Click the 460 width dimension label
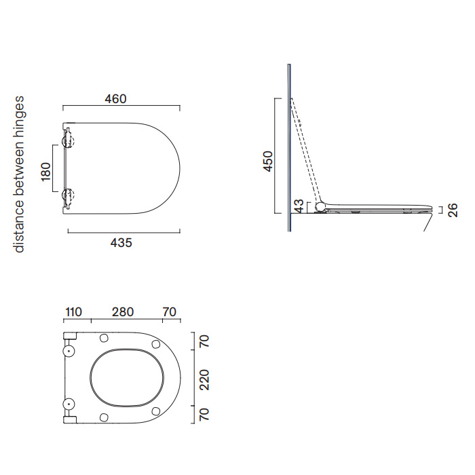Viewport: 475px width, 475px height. [x=115, y=99]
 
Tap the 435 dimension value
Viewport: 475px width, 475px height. [x=121, y=243]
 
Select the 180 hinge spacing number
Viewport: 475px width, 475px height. [x=45, y=172]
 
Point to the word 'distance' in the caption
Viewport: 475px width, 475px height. [x=19, y=226]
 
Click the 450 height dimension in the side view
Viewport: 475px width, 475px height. [x=268, y=161]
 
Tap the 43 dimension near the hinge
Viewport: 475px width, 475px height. [x=299, y=206]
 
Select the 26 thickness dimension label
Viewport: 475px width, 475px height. [x=453, y=210]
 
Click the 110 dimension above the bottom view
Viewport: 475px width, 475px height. [x=73, y=311]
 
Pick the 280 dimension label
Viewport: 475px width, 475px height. [x=123, y=311]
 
